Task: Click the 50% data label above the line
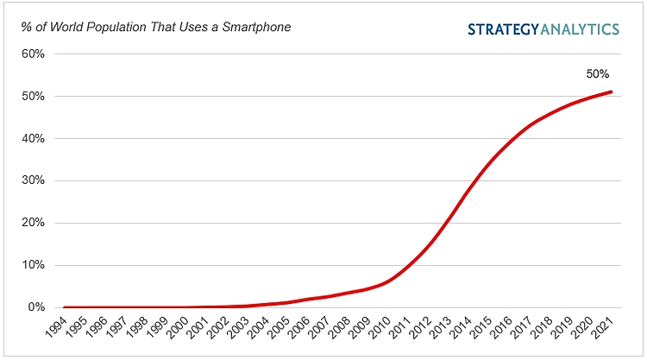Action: point(599,74)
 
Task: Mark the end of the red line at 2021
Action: point(612,92)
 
